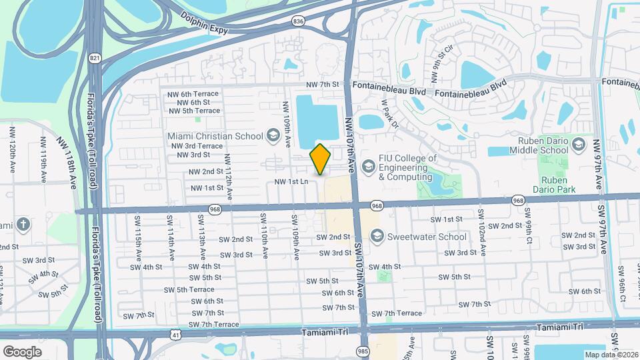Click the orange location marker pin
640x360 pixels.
pos(321,159)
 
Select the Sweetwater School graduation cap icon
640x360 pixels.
pos(377,237)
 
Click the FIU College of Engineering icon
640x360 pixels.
pos(367,165)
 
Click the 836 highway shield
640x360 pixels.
pos(297,21)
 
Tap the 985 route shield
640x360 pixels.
pos(362,350)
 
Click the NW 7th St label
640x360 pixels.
pos(323,85)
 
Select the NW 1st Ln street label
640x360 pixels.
pos(291,181)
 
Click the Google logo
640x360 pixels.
pos(22,351)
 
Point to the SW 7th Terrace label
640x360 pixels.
pos(213,325)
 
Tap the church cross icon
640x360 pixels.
pos(23,224)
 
